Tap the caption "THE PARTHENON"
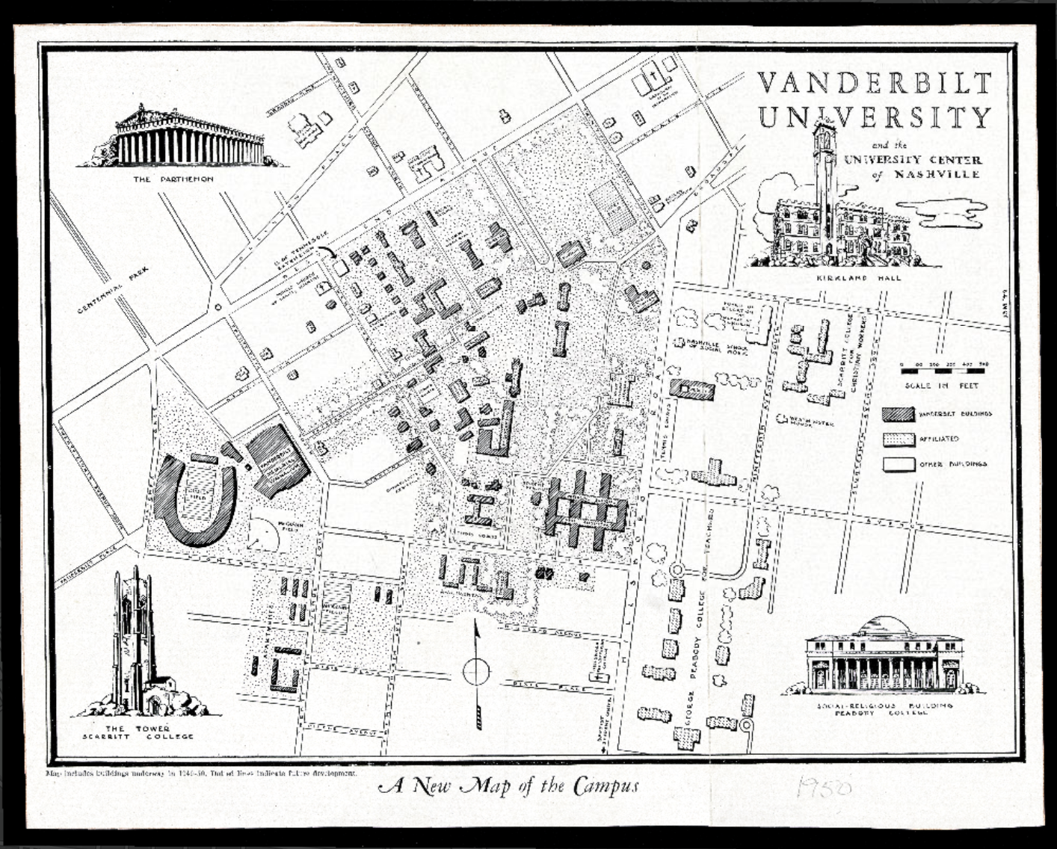(173, 179)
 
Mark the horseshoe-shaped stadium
(197, 500)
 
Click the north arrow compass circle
(476, 672)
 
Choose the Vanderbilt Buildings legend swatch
(899, 413)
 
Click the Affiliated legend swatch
(899, 439)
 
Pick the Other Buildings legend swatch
(899, 464)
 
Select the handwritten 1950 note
(825, 788)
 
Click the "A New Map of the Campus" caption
(509, 785)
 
